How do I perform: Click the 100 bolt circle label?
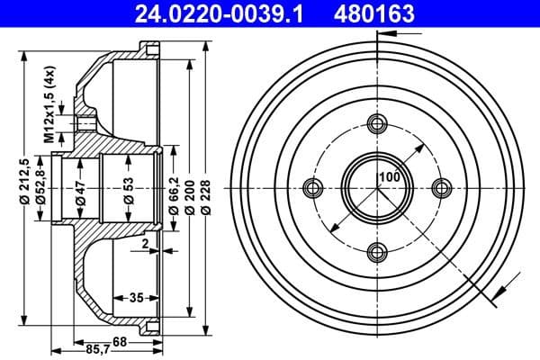coord(389,176)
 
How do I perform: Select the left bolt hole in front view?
coord(313,187)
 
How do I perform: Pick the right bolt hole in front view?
coord(441,187)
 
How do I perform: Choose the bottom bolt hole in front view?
coord(378,251)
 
